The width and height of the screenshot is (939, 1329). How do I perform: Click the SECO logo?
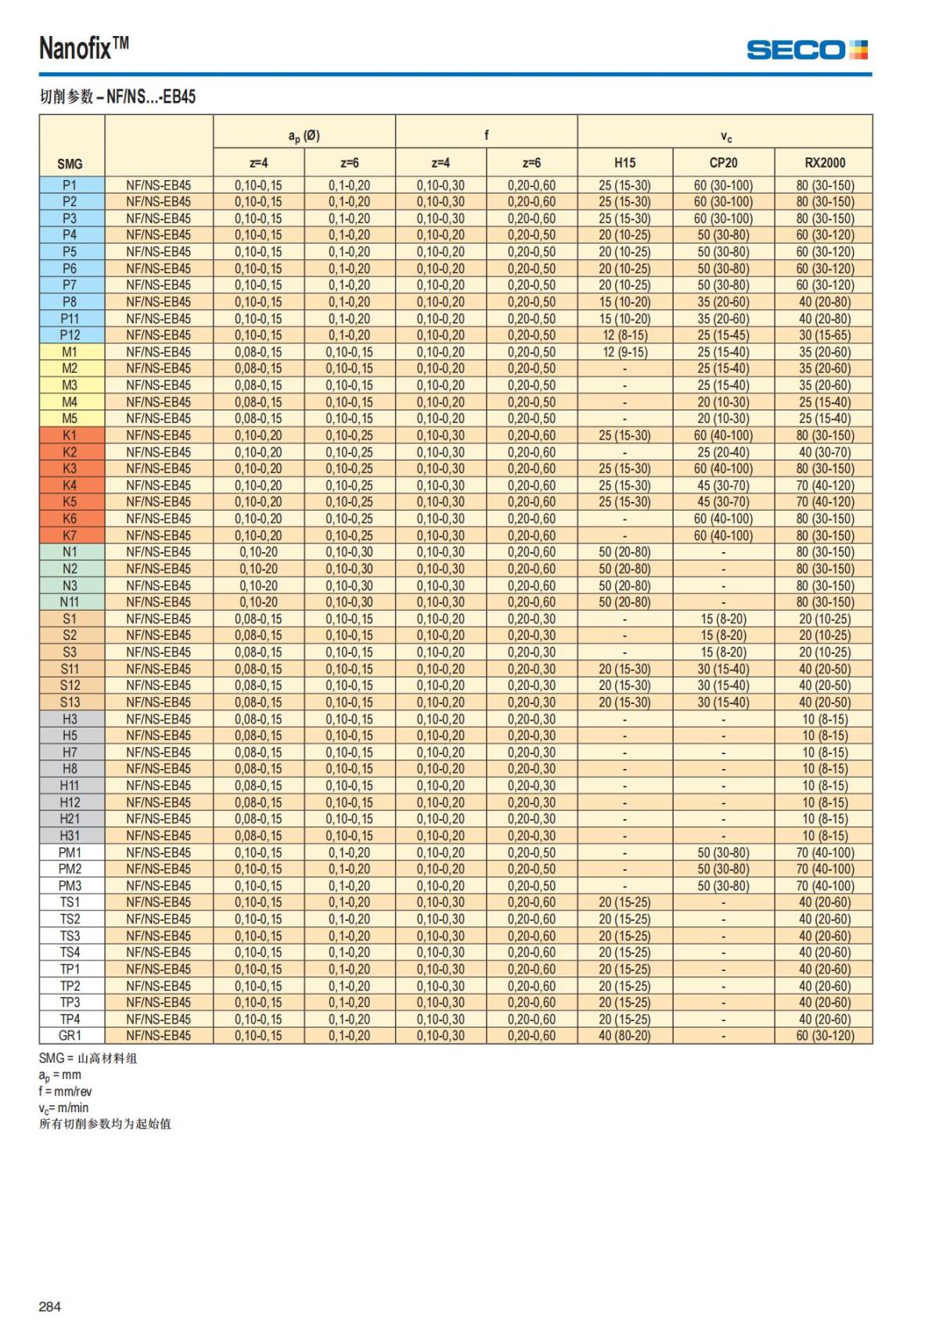pyautogui.click(x=807, y=50)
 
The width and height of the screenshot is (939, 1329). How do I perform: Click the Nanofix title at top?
pyautogui.click(x=84, y=49)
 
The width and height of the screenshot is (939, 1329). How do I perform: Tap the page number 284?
pyautogui.click(x=49, y=1306)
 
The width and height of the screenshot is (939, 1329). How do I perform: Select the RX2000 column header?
pyautogui.click(x=824, y=163)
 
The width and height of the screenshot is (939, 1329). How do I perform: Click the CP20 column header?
pyautogui.click(x=723, y=163)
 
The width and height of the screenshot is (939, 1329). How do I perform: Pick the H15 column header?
pyautogui.click(x=624, y=163)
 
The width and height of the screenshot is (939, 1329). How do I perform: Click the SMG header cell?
pyautogui.click(x=70, y=164)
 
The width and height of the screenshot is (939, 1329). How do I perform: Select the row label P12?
pyautogui.click(x=70, y=335)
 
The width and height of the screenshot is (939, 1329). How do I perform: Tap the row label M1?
pyautogui.click(x=70, y=352)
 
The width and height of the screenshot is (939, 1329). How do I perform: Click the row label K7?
pyautogui.click(x=70, y=536)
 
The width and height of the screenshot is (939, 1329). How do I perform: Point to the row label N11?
pyautogui.click(x=70, y=602)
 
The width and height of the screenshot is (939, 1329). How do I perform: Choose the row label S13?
pyautogui.click(x=70, y=702)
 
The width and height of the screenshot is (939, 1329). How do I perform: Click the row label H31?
pyautogui.click(x=70, y=836)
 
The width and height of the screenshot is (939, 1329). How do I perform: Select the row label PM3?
pyautogui.click(x=70, y=886)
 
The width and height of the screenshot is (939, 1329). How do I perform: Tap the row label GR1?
pyautogui.click(x=70, y=1035)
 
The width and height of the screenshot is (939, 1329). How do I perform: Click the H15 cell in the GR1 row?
pyautogui.click(x=624, y=1035)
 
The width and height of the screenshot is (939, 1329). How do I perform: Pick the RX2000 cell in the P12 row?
pyautogui.click(x=824, y=335)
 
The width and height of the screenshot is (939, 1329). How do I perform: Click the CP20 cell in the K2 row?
pyautogui.click(x=723, y=452)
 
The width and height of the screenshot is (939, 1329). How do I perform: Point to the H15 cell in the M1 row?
pyautogui.click(x=624, y=352)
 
